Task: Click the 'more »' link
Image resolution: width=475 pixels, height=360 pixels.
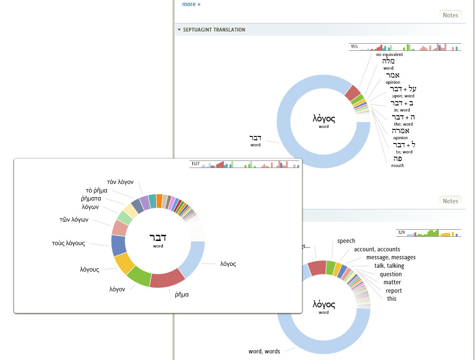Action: (191, 4)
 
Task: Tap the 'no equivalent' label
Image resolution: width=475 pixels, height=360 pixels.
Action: (389, 55)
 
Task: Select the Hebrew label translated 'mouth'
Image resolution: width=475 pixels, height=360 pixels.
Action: (397, 159)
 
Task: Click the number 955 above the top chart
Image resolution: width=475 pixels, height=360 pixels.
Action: (354, 47)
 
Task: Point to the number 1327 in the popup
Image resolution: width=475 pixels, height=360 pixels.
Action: (195, 164)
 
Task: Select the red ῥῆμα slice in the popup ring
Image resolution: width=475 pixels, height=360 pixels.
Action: (166, 278)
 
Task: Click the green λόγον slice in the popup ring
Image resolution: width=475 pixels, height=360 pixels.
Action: (138, 276)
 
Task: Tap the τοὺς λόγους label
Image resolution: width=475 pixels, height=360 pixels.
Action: (68, 243)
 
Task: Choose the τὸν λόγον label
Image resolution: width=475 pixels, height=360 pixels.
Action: (120, 182)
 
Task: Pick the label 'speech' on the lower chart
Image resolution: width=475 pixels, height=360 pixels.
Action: (346, 241)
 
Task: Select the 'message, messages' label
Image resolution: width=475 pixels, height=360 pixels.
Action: (391, 257)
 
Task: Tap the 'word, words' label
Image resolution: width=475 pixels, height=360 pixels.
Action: (264, 352)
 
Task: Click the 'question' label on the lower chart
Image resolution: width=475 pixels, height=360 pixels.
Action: (391, 274)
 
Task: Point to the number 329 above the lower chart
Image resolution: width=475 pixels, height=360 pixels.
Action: (401, 232)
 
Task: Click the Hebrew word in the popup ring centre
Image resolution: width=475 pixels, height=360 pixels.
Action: (158, 237)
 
